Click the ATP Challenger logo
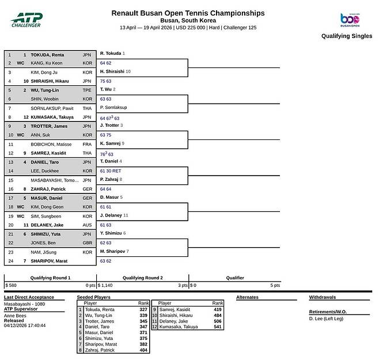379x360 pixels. pyautogui.click(x=26, y=20)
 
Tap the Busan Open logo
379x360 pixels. pyautogui.click(x=350, y=20)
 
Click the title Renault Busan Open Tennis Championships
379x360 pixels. pyautogui.click(x=188, y=13)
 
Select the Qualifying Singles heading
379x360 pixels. pyautogui.click(x=347, y=36)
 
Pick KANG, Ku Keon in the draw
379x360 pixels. pyautogui.click(x=47, y=63)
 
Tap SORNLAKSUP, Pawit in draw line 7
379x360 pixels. pyautogui.click(x=52, y=108)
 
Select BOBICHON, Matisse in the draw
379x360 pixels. pyautogui.click(x=51, y=143)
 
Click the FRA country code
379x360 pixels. pyautogui.click(x=87, y=143)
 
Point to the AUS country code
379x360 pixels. pyautogui.click(x=87, y=225)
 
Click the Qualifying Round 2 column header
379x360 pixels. pyautogui.click(x=143, y=277)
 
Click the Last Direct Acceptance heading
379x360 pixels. pyautogui.click(x=29, y=297)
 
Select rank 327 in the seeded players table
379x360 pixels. pyautogui.click(x=143, y=309)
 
